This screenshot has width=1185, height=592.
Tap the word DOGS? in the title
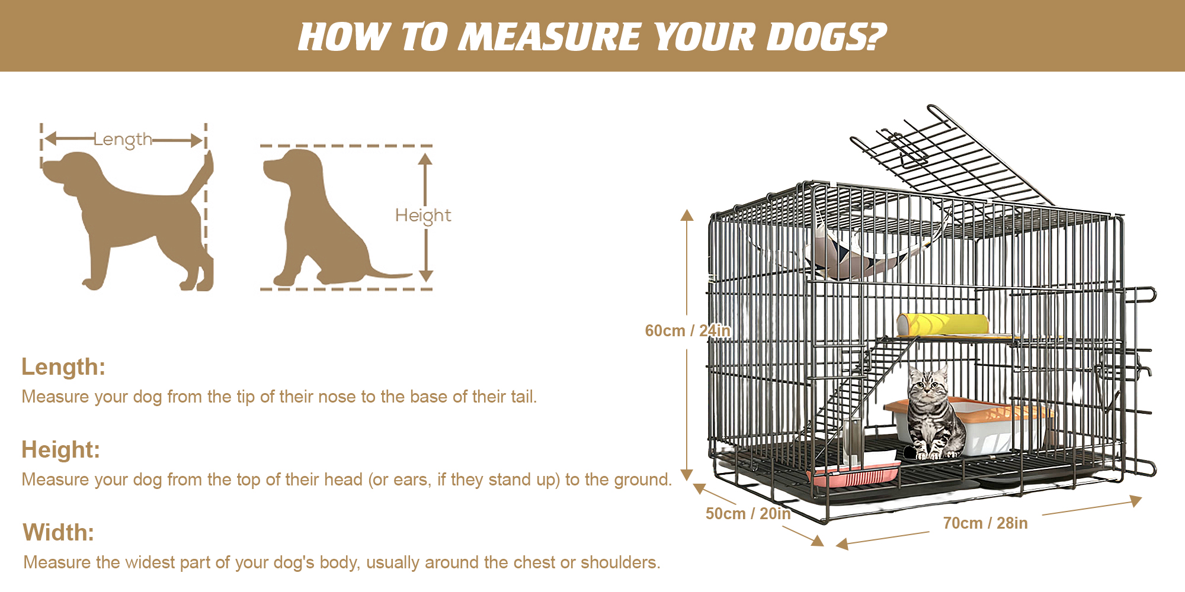(826, 37)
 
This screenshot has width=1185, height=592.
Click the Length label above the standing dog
(123, 140)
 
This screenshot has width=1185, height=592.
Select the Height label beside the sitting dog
(423, 215)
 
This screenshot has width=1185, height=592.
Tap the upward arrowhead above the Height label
(425, 159)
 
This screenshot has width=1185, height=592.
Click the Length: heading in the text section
(63, 367)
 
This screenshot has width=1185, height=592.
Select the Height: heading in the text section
(60, 450)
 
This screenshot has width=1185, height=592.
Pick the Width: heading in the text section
(59, 533)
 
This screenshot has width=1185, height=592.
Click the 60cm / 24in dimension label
(687, 330)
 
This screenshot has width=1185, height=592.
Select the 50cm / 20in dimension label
(748, 513)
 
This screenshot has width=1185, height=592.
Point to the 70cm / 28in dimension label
(985, 523)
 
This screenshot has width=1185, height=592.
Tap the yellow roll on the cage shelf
(942, 324)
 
